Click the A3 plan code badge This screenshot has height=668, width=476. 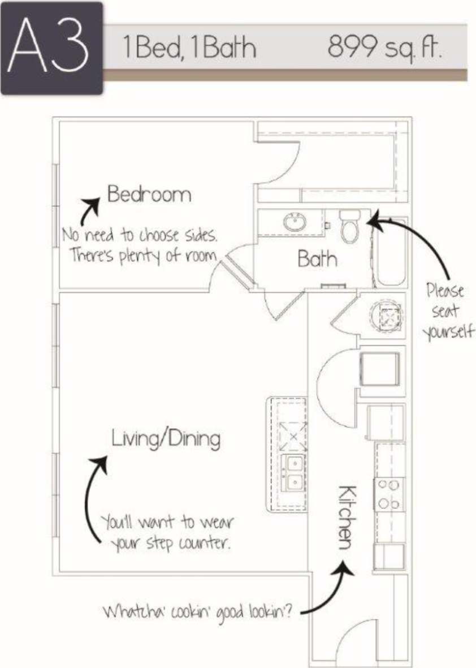pyautogui.click(x=51, y=48)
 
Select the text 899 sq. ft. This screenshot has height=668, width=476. pyautogui.click(x=384, y=48)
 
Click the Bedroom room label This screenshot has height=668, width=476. pyautogui.click(x=149, y=195)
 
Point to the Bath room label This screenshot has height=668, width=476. pyautogui.click(x=317, y=259)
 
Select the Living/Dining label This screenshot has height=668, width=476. pyautogui.click(x=166, y=439)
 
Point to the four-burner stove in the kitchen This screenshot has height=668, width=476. pyautogui.click(x=389, y=494)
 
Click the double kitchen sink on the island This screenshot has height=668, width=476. pyautogui.click(x=293, y=473)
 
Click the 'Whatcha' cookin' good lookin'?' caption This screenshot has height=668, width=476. pyautogui.click(x=197, y=612)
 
